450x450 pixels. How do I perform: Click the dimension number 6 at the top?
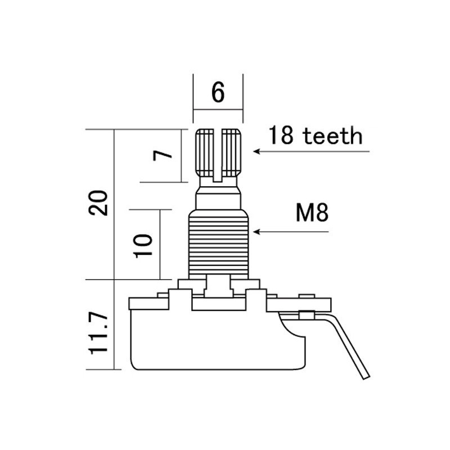218,92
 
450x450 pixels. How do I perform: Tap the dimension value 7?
162,156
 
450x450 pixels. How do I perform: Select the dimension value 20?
100,203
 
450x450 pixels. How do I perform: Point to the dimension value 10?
144,245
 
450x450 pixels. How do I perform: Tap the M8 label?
311,214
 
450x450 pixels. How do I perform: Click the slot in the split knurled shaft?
218,155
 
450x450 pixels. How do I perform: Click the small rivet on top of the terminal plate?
307,296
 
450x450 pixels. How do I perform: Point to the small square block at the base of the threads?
218,286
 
